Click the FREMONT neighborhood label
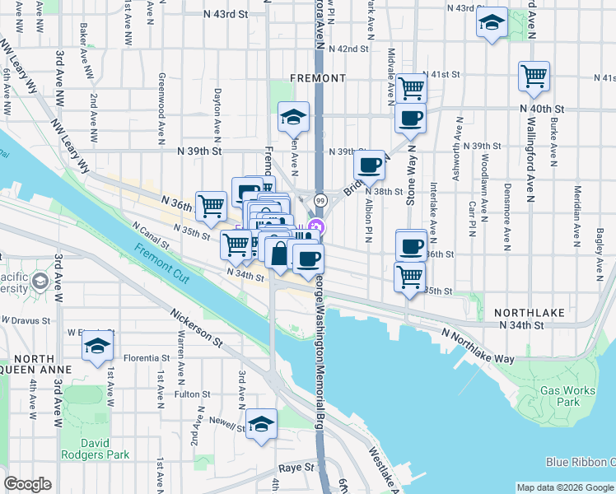tap(318, 78)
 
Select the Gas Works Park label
tap(567, 397)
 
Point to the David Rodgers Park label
tap(96, 449)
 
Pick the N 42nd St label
tap(346, 49)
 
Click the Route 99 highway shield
tap(320, 201)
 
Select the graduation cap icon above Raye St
tap(262, 424)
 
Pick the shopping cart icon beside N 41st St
tap(534, 76)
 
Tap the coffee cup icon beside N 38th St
tap(370, 165)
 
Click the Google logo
tap(27, 485)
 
